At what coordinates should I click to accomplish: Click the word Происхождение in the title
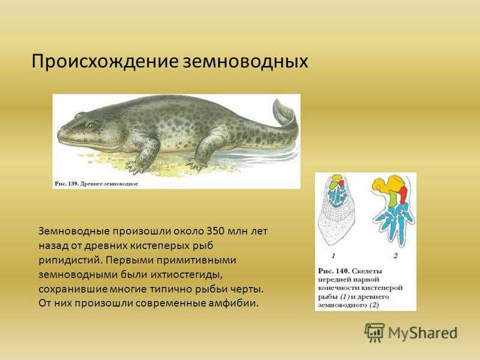[x=104, y=62]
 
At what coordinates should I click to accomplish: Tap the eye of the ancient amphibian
[x=91, y=125]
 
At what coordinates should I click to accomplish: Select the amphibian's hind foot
[x=197, y=164]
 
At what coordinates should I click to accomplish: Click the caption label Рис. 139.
[x=67, y=184]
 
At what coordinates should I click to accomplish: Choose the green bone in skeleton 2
[x=394, y=199]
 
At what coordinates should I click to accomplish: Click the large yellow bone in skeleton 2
[x=387, y=183]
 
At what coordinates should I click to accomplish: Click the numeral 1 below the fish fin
[x=334, y=256]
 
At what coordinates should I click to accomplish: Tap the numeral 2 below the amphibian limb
[x=395, y=256]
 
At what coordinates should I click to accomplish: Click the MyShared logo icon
[x=374, y=332]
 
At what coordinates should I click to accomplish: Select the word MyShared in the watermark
[x=423, y=333]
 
